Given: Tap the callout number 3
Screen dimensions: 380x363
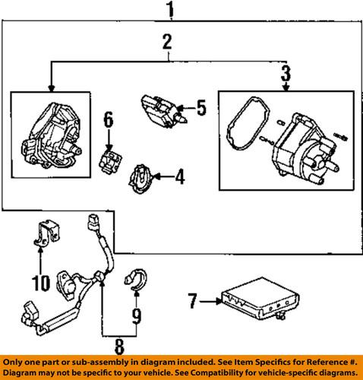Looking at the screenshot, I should click(285, 74).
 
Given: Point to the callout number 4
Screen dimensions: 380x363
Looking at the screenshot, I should click(179, 178).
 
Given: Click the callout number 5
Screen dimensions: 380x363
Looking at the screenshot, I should click(201, 108).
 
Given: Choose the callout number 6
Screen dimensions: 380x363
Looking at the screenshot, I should click(108, 119).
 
